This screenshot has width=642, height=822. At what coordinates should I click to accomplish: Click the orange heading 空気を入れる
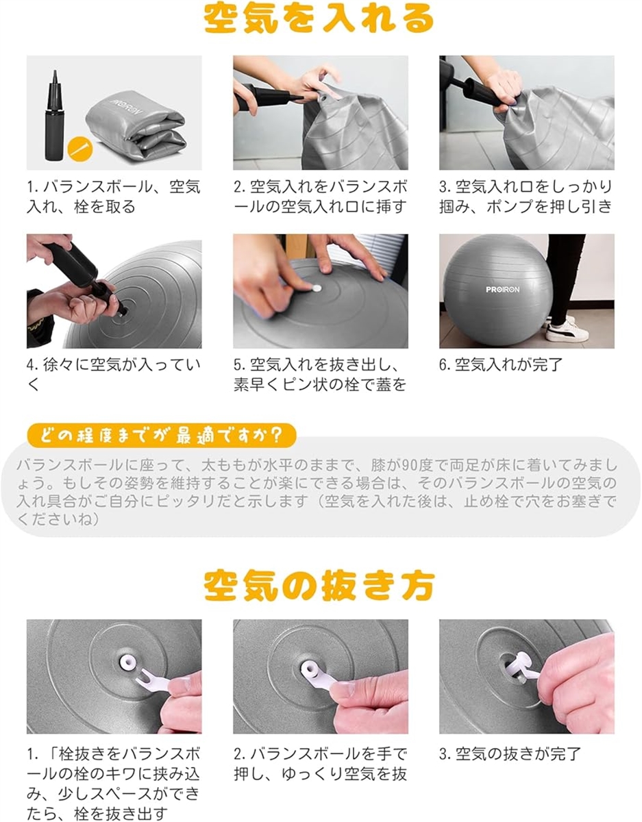coord(319,19)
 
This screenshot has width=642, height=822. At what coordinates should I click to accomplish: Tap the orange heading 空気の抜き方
coord(319,586)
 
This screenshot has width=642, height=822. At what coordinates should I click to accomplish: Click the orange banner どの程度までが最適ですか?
coord(161,436)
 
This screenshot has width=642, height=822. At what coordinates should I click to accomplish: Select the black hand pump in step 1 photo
coord(55,115)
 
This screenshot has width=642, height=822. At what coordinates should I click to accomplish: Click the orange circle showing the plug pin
coord(80,149)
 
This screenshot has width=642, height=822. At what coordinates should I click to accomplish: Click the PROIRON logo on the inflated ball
coord(502,289)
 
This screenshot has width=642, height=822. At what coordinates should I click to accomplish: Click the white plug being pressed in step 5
coord(316,288)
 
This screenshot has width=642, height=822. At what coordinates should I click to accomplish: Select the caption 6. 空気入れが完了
coord(500,364)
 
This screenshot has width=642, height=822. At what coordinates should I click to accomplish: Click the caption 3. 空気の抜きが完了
coord(510,754)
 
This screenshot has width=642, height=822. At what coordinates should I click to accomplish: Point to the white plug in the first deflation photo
coord(127,662)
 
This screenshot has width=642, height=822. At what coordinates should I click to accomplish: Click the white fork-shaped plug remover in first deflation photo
coord(155,681)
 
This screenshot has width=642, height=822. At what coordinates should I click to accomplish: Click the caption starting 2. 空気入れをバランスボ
coord(321,197)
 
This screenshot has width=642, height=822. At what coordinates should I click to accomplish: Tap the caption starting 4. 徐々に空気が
coord(114,374)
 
